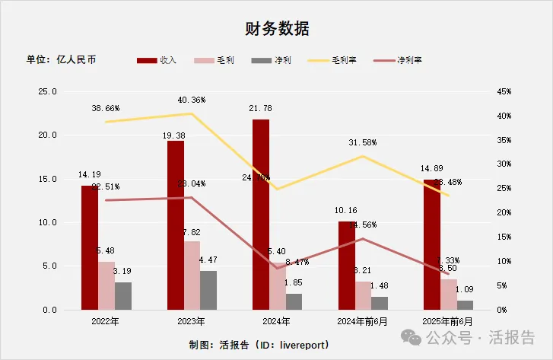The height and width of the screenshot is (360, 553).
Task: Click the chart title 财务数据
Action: (277, 29)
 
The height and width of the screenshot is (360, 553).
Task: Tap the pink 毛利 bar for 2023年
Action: (192, 275)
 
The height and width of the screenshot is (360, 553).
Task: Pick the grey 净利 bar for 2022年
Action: (123, 295)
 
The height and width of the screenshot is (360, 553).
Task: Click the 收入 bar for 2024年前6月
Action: (347, 265)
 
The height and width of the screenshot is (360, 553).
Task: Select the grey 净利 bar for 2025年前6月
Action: (465, 304)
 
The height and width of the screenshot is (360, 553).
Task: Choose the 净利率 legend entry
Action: (403, 60)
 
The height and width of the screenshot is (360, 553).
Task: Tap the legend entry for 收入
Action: (158, 60)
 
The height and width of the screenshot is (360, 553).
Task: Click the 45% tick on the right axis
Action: (504, 91)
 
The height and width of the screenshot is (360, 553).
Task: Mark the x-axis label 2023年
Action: (192, 321)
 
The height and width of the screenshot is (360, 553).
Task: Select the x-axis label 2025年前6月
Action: (448, 321)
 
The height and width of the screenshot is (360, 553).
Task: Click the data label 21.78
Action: (261, 109)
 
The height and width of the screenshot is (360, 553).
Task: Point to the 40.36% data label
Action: (192, 100)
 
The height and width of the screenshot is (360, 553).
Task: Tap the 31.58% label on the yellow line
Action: (363, 142)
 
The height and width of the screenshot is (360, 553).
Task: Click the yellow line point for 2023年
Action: (192, 113)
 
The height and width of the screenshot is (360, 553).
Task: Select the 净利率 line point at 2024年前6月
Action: (363, 238)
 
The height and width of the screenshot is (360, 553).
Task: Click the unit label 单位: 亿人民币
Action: (62, 59)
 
